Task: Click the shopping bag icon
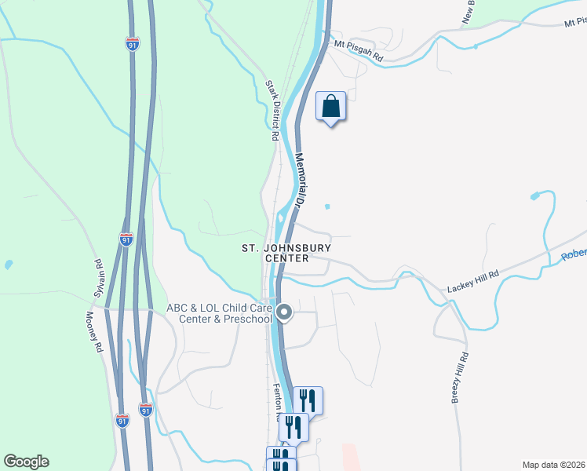330,105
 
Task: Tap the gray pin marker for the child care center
285,312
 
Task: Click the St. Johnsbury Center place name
286,253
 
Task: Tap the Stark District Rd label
272,110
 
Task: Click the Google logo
26,462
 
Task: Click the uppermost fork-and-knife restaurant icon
308,400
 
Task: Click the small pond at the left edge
8,265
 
